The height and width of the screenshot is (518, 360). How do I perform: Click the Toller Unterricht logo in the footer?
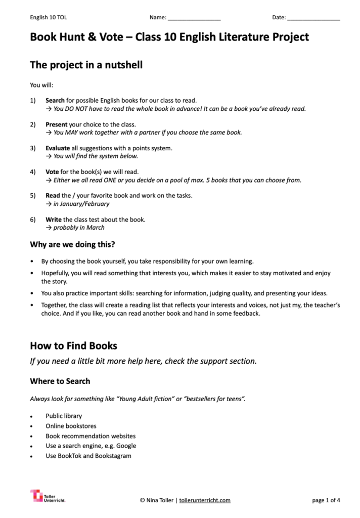(x=48, y=496)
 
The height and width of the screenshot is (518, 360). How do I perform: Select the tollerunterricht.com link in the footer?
(x=205, y=500)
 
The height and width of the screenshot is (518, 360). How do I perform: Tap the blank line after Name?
(x=194, y=18)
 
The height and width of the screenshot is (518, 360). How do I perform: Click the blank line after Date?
(x=313, y=18)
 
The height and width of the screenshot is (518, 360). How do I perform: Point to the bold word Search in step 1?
(x=55, y=100)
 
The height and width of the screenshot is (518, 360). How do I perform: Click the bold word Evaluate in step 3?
(x=58, y=148)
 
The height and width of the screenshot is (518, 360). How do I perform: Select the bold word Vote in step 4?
(x=53, y=172)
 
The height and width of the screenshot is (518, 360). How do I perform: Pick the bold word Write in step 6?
(x=54, y=220)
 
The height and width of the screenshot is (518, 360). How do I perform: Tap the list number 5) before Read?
(x=33, y=196)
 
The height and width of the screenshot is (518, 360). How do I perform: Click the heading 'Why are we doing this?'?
(x=72, y=245)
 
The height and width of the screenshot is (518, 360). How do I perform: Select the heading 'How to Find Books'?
(x=73, y=346)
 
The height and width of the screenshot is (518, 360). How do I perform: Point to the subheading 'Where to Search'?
(x=60, y=381)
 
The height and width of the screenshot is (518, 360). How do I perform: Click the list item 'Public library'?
(x=64, y=416)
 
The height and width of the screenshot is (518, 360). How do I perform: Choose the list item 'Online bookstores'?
(x=71, y=426)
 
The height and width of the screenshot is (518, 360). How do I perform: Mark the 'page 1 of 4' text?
(x=326, y=500)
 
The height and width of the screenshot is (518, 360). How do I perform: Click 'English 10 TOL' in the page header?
(x=49, y=18)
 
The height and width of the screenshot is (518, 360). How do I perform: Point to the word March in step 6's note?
(x=96, y=228)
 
